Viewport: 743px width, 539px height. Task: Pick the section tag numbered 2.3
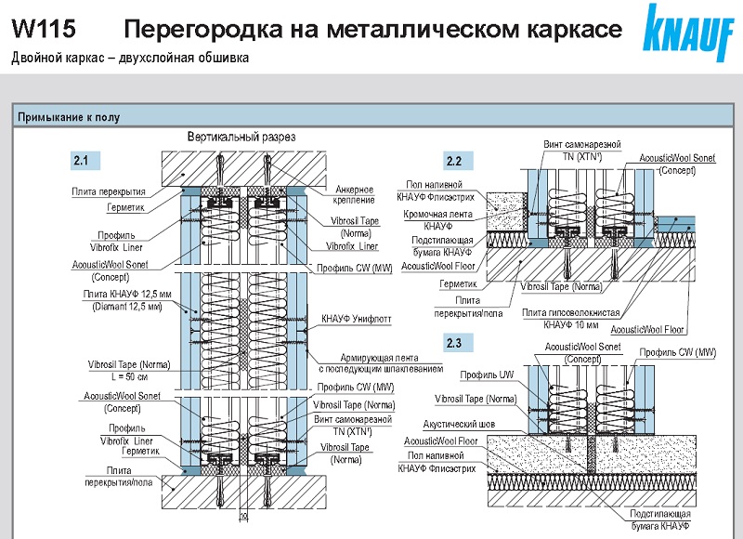[453, 344]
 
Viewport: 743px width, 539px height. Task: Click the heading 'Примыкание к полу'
[68, 117]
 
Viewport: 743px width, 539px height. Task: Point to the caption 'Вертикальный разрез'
[241, 137]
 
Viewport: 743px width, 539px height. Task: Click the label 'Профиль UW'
[482, 375]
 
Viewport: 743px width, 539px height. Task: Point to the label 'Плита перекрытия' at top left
[109, 191]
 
